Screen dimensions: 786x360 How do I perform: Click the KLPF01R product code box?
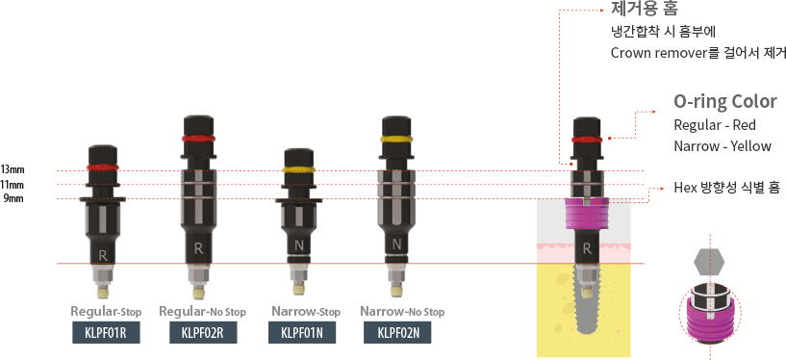[x=106, y=333]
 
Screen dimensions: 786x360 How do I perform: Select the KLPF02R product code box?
[x=203, y=333]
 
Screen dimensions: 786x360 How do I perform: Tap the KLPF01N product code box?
[x=302, y=333]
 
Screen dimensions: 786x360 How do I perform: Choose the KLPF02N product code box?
[x=397, y=333]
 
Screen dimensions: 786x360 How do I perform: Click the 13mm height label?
[x=13, y=169]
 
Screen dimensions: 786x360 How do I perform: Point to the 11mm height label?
[x=13, y=185]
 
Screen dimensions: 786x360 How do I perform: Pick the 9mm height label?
[x=13, y=198]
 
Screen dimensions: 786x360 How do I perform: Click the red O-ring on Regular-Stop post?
[x=103, y=167]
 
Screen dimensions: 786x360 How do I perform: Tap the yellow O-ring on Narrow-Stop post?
[x=298, y=170]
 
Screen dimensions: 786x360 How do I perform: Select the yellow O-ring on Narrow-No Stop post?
[x=397, y=138]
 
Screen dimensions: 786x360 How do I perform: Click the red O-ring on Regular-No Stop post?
[x=198, y=138]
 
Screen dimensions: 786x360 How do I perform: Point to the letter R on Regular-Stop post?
[x=103, y=255]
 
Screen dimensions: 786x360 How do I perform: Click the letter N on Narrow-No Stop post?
[x=397, y=245]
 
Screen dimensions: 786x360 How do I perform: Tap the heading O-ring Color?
[x=725, y=102]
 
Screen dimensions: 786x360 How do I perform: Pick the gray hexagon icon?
[x=710, y=262]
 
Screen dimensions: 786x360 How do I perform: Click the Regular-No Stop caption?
[x=203, y=311]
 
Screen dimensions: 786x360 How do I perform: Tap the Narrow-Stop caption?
[x=306, y=311]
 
